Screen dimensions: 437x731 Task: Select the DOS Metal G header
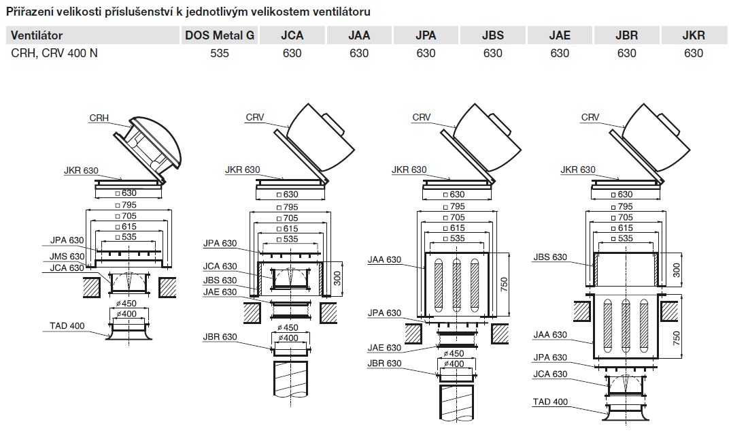(220, 35)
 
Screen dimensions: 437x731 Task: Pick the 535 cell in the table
(220, 52)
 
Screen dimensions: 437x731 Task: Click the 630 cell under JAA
(359, 52)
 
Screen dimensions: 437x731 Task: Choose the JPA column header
(426, 35)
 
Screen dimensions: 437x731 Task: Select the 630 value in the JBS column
(493, 52)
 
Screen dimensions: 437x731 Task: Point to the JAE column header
(560, 35)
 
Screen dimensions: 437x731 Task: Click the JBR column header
(626, 35)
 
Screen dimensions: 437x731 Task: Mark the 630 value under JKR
(694, 52)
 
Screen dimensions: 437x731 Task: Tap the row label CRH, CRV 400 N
(54, 52)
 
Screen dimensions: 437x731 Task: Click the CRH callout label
(99, 118)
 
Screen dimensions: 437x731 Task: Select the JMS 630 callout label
(67, 256)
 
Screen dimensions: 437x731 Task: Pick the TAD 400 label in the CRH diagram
(67, 325)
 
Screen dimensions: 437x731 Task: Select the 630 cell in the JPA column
(426, 52)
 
